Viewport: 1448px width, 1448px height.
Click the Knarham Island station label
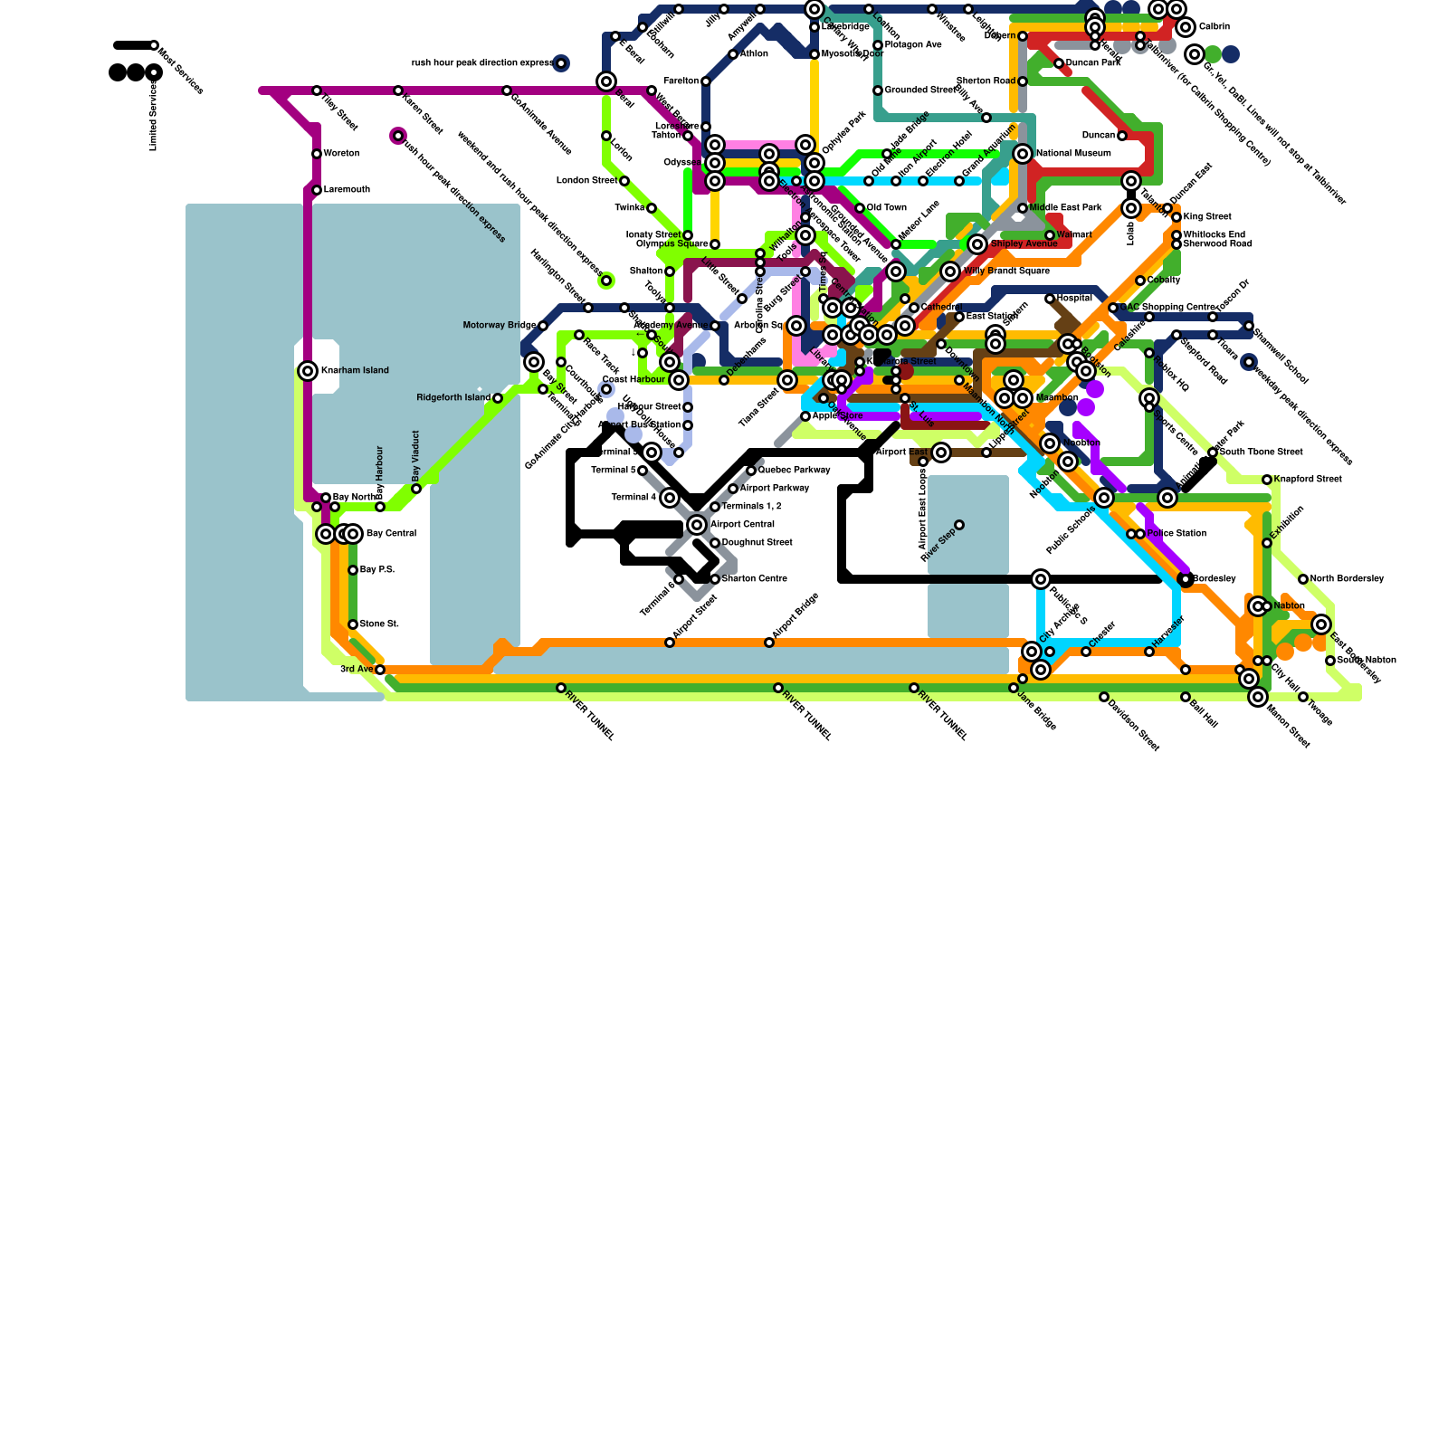click(x=355, y=371)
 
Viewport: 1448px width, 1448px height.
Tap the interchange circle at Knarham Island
click(x=308, y=371)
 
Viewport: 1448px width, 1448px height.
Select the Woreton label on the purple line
click(x=341, y=154)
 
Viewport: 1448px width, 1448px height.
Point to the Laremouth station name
click(x=347, y=190)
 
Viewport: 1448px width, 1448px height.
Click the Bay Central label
click(x=391, y=534)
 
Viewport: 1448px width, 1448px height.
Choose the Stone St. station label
click(x=379, y=624)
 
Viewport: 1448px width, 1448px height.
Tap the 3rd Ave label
click(x=356, y=670)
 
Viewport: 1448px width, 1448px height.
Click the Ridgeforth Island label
click(x=452, y=398)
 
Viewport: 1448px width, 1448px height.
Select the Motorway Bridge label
click(x=499, y=326)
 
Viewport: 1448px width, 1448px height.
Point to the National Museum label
click(x=1073, y=154)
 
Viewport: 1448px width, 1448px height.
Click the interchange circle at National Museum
click(x=1023, y=154)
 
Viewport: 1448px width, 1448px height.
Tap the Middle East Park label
click(x=1065, y=208)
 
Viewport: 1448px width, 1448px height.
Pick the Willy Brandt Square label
click(x=1006, y=271)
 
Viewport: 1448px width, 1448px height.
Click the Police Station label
click(x=1176, y=534)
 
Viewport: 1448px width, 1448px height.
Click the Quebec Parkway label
click(x=794, y=471)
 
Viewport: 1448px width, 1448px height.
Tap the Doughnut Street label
click(x=757, y=543)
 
